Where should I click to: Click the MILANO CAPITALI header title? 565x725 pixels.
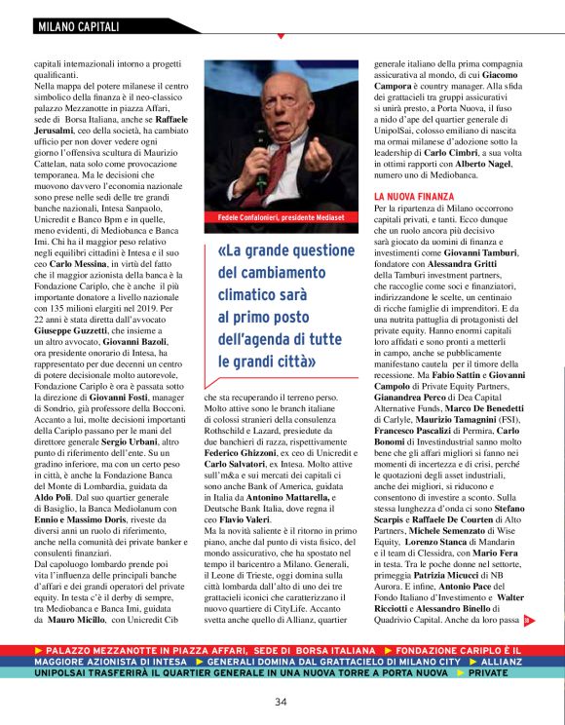(x=78, y=26)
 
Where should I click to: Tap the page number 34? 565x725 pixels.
(x=281, y=702)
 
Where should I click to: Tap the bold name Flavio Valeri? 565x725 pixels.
(x=250, y=518)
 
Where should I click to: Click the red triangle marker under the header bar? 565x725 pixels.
(x=281, y=36)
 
